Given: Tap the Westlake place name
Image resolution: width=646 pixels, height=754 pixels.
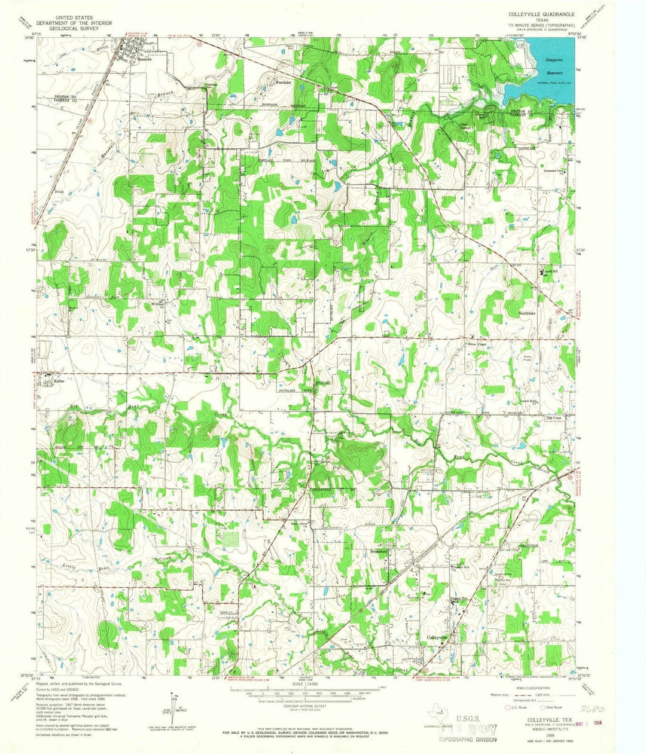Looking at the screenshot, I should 282,83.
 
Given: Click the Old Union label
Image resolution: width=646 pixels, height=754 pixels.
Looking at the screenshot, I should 556,418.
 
